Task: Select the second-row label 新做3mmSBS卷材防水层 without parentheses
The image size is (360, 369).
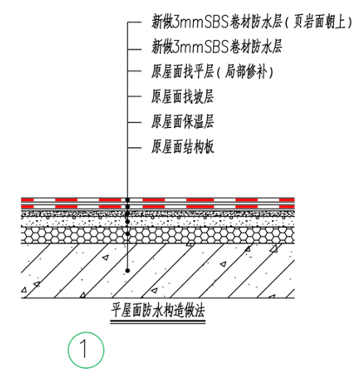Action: tap(217, 47)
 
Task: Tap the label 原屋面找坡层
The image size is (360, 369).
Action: tap(183, 97)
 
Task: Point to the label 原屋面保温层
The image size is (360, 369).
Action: tap(183, 122)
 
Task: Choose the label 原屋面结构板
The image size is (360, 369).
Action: tap(183, 146)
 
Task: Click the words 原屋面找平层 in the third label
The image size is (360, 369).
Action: tap(183, 71)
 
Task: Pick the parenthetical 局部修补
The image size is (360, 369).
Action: tap(245, 71)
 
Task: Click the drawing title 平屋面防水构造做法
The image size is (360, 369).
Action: tap(158, 311)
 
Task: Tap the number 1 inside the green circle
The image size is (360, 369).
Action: tap(84, 349)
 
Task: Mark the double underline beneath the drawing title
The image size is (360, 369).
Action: tap(158, 322)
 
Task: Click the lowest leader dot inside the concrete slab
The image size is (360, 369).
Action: tap(128, 271)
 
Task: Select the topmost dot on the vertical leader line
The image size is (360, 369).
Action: tap(128, 200)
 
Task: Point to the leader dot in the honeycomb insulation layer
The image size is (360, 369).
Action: tap(128, 233)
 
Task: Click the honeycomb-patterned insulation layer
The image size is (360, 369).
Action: tap(158, 235)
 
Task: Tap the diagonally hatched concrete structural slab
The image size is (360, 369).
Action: tap(158, 271)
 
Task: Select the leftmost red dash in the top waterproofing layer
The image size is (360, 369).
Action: tap(28, 200)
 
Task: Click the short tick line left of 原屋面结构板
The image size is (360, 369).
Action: tap(135, 148)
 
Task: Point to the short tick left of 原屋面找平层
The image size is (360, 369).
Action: tap(135, 71)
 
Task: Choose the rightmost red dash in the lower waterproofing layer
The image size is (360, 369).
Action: tap(287, 206)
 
